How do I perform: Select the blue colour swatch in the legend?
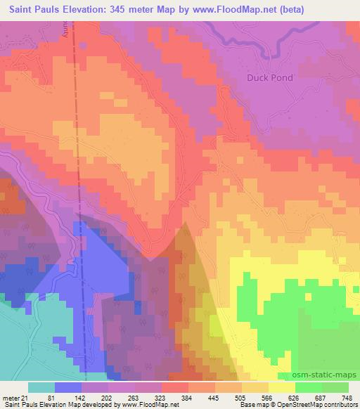pos(67,387)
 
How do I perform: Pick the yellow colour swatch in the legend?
pos(281,387)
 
